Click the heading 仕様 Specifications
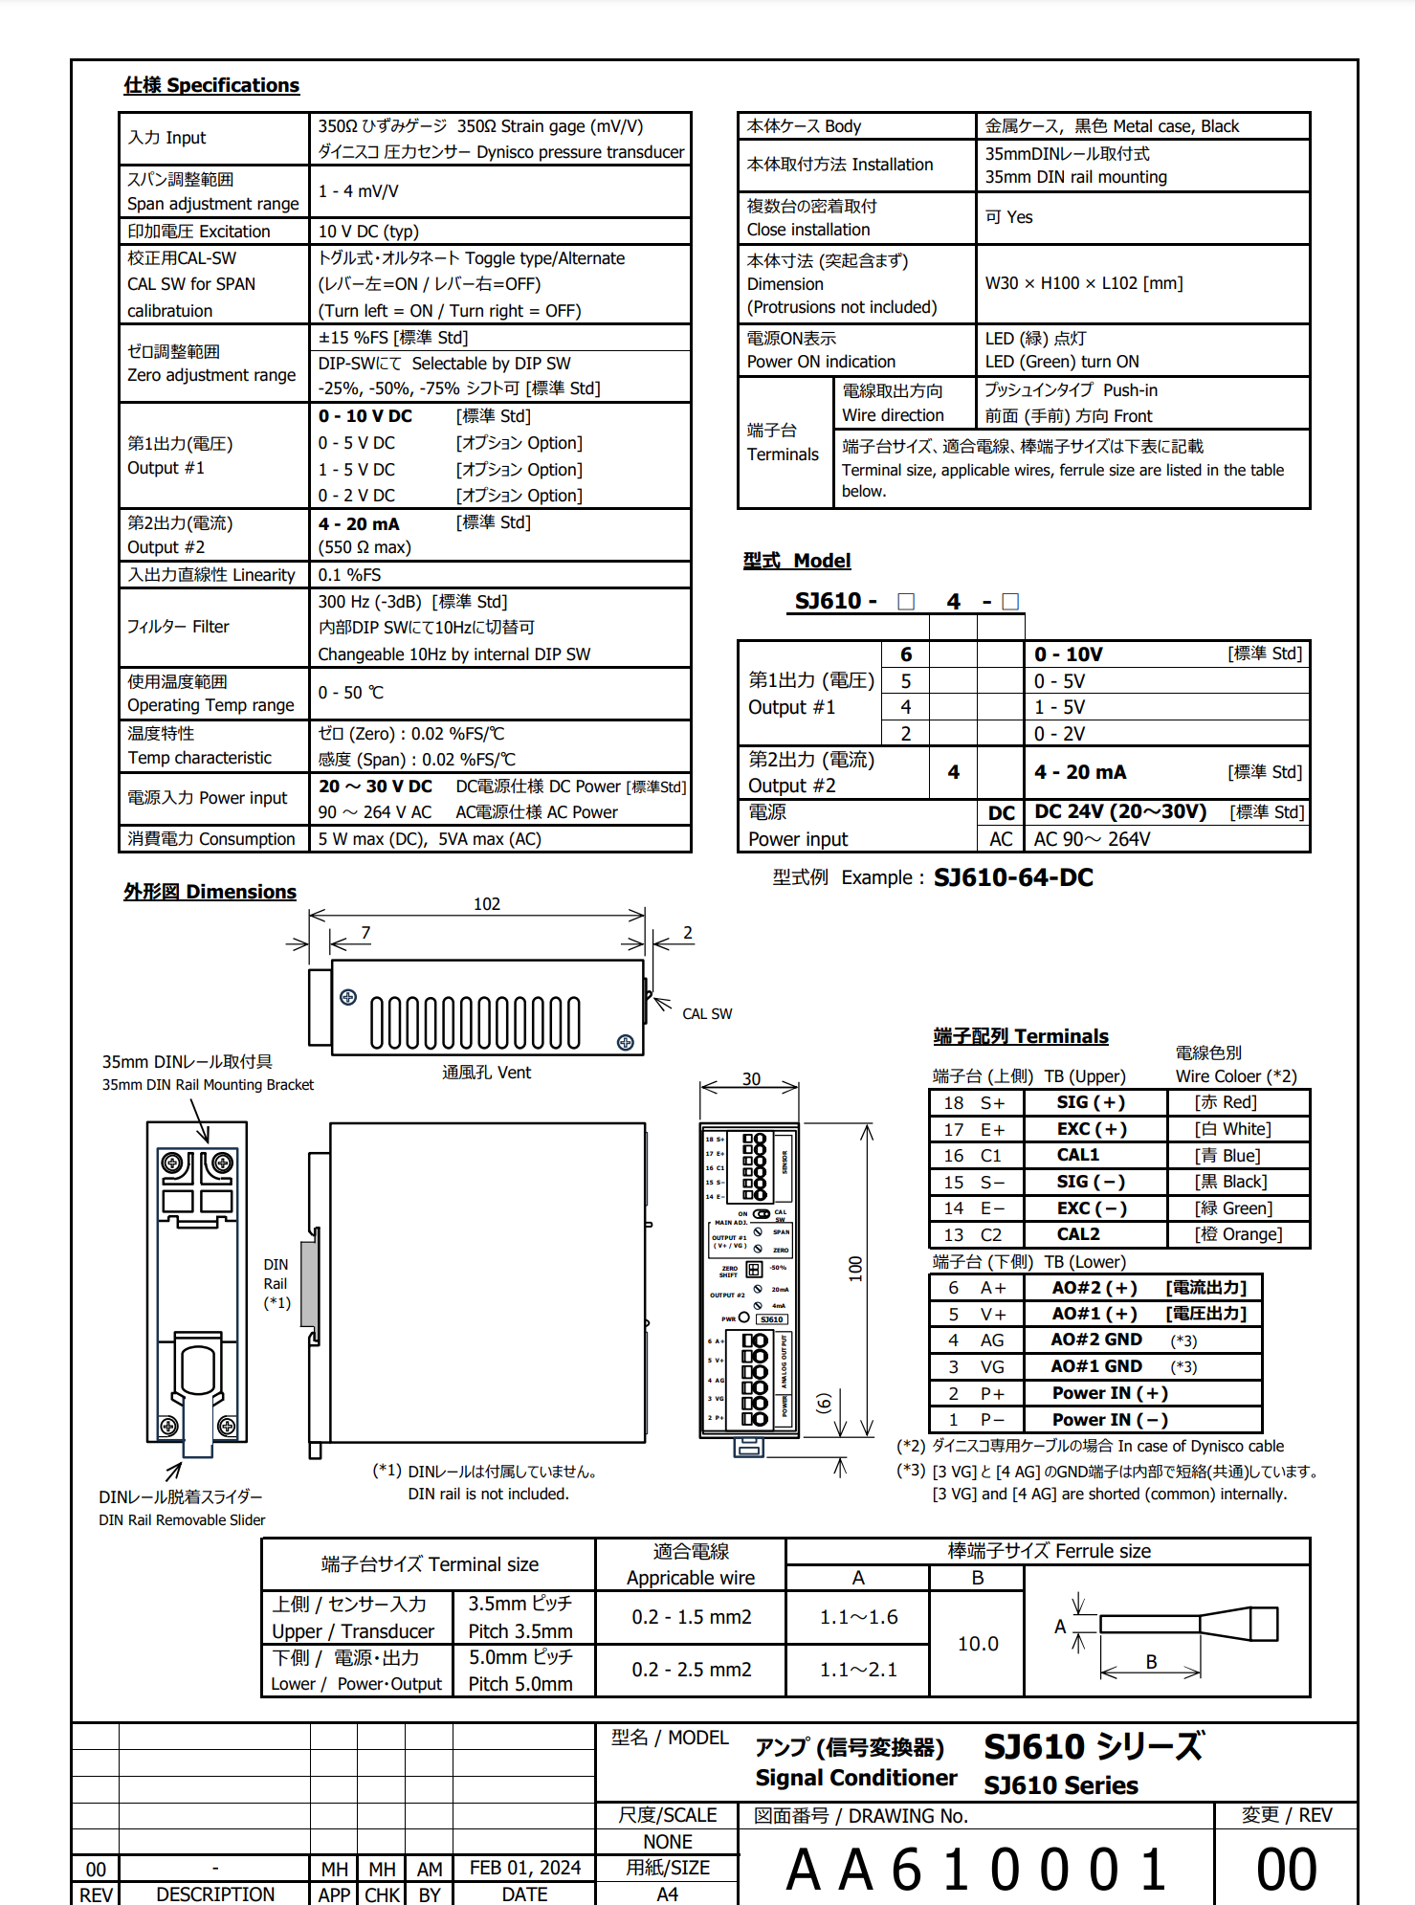(211, 85)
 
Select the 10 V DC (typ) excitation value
(368, 232)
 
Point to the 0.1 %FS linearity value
(349, 575)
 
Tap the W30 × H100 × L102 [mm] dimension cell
(1084, 283)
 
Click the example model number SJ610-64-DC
(1013, 877)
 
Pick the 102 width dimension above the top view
(486, 904)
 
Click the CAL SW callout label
(707, 1014)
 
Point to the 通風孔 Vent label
(486, 1073)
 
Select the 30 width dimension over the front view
(751, 1079)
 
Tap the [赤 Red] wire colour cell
(1226, 1102)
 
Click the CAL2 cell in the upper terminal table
(1078, 1234)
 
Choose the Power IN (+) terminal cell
(1110, 1393)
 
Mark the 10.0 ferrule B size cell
(978, 1644)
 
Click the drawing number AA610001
(976, 1870)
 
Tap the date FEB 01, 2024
(524, 1868)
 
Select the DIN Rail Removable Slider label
(182, 1519)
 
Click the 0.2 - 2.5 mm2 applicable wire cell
(691, 1670)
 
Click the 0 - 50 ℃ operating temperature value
(350, 693)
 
